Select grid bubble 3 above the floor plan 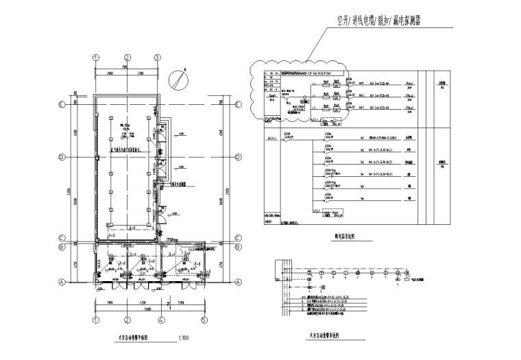coord(157,58)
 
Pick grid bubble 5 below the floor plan coord(204,320)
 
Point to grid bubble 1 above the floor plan coord(97,58)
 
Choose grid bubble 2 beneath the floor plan coord(127,320)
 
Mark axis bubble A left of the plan coord(62,282)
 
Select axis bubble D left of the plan coord(62,157)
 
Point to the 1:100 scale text coord(184,338)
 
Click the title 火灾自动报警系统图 coord(324,336)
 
